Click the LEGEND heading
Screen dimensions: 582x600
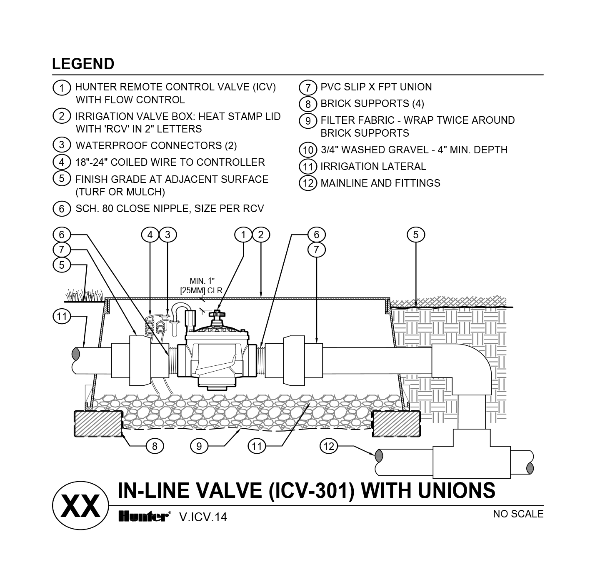83,64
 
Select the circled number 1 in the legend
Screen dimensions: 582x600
62,88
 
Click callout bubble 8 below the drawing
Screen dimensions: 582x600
155,446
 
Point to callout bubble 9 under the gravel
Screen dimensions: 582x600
199,446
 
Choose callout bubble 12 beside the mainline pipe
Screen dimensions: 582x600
328,446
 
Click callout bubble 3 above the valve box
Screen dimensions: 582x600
167,235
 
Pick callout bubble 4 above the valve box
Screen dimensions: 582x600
150,235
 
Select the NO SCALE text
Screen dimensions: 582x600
518,514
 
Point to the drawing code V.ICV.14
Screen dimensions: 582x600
203,517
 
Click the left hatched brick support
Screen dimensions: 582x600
98,423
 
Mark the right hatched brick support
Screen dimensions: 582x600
395,423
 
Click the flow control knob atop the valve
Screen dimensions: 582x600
217,314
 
